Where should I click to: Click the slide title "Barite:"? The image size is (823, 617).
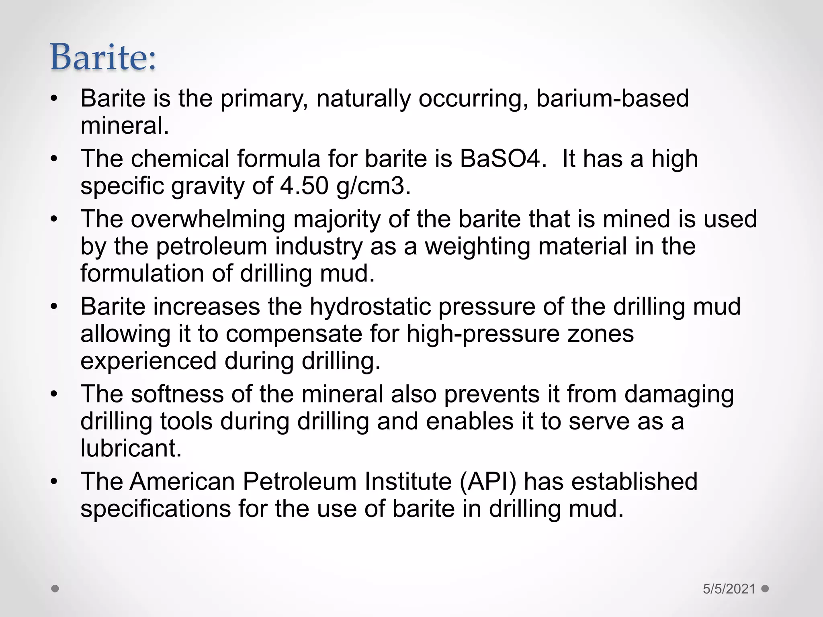(x=103, y=57)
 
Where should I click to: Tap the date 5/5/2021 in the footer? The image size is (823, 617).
(x=729, y=589)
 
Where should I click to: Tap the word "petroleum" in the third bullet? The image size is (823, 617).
(x=211, y=246)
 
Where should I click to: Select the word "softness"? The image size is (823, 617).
(x=177, y=394)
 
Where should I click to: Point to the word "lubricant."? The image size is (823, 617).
(x=131, y=448)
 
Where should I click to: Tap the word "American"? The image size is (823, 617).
(x=182, y=481)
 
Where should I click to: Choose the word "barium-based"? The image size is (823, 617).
(x=612, y=98)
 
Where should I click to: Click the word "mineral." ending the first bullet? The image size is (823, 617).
(x=125, y=126)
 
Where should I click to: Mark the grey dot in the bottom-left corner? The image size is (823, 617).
(x=55, y=589)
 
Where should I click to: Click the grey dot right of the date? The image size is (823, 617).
(x=765, y=589)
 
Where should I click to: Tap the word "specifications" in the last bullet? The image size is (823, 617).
(x=156, y=509)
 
